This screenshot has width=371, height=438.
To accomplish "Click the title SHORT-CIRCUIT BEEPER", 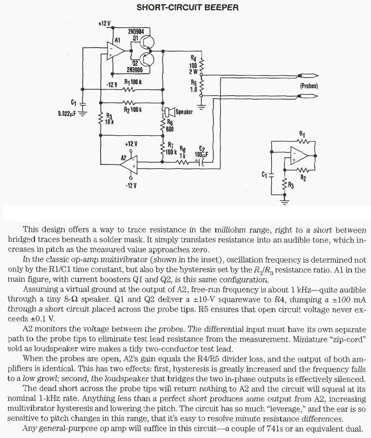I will (x=187, y=7).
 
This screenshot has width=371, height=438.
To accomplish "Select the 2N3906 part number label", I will (x=135, y=69).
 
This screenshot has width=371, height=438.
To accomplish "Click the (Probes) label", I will (x=309, y=86).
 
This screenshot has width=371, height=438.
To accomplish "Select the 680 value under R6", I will (x=170, y=129).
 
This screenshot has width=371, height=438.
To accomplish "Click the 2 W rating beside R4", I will (x=194, y=71).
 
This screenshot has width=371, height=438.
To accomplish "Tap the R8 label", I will (x=183, y=149).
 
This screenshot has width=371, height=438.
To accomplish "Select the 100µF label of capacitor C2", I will (x=201, y=154).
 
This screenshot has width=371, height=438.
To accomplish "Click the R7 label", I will (x=170, y=145).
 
